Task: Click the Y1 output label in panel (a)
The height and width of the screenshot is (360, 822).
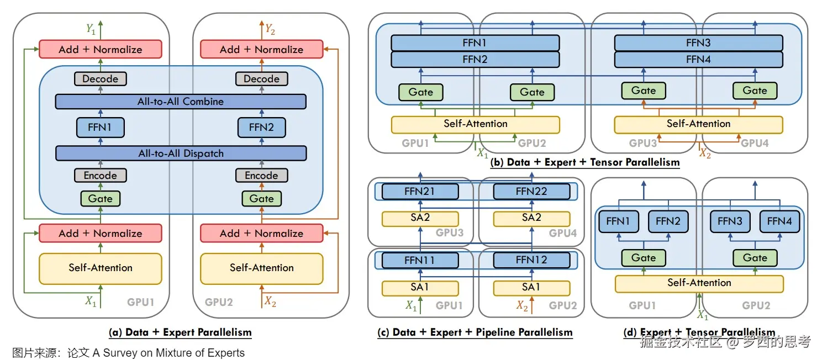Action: (91, 29)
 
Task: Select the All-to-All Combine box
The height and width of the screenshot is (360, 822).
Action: (181, 102)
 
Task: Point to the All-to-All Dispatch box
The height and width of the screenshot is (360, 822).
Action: (181, 153)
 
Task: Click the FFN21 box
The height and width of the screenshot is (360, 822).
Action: (420, 192)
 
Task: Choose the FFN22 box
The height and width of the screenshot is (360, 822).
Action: (531, 192)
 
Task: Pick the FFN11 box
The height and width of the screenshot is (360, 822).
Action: (420, 260)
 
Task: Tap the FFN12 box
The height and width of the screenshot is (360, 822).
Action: (531, 260)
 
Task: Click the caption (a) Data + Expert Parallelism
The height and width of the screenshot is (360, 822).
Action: (181, 332)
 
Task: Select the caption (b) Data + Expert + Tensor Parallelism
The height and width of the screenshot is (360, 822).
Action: (585, 162)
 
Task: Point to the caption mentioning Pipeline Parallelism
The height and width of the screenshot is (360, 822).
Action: (475, 332)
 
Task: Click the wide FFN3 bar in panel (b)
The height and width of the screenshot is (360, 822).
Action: (698, 43)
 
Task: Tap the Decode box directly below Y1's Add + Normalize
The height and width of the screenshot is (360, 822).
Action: (100, 79)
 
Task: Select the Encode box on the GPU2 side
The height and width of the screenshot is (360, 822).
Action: (261, 176)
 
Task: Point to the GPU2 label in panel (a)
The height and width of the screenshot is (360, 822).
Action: (219, 302)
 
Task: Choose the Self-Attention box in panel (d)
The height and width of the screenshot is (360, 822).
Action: (699, 283)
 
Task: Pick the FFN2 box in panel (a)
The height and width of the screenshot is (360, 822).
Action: (261, 128)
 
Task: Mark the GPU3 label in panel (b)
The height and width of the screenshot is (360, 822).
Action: (643, 143)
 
